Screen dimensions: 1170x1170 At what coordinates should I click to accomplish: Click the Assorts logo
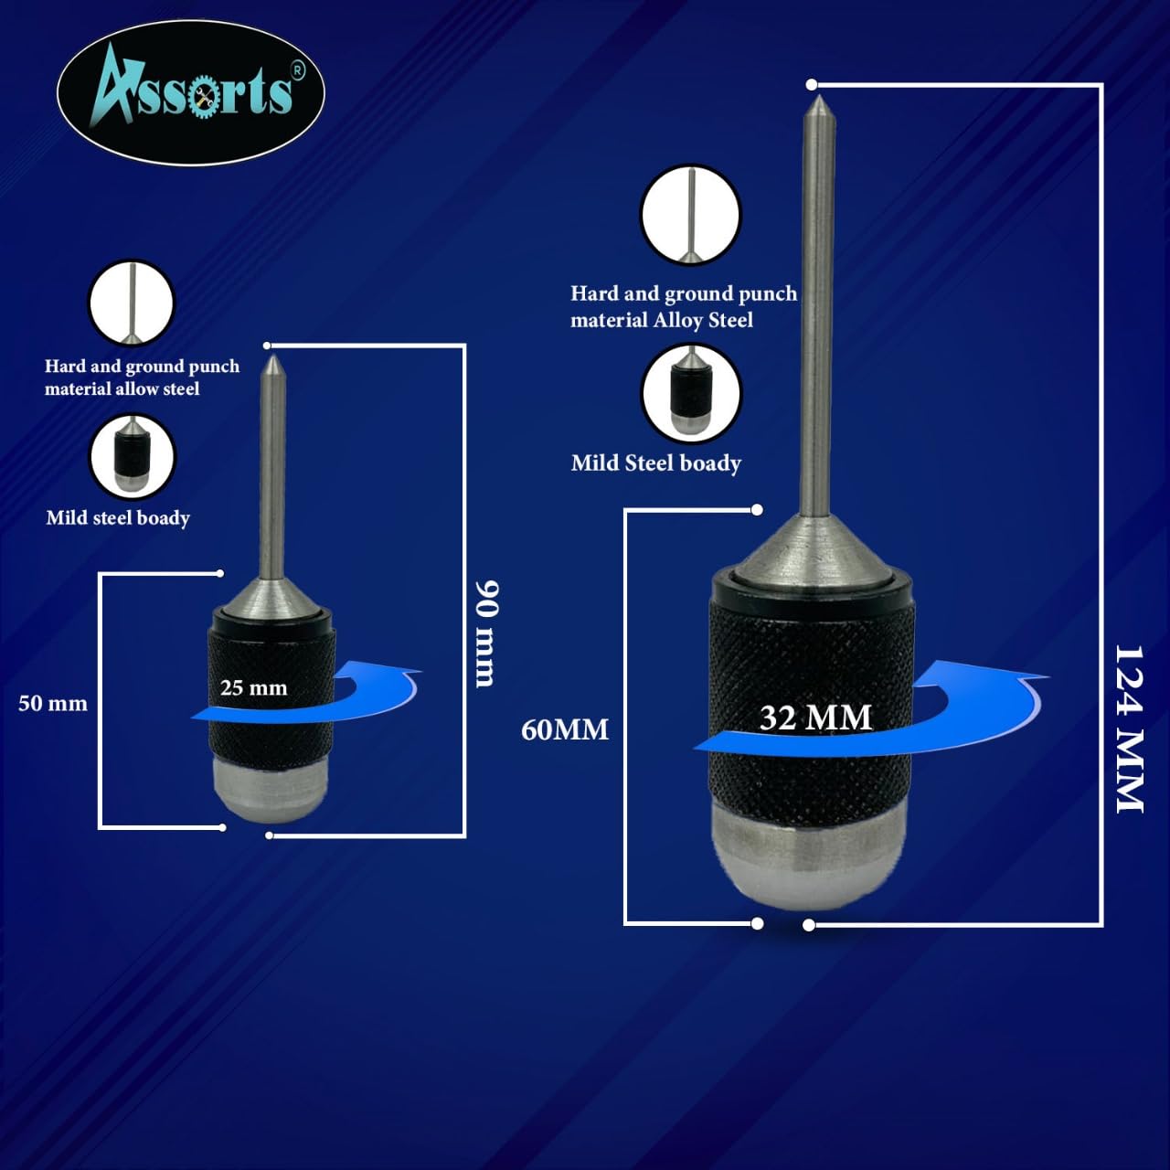pyautogui.click(x=191, y=93)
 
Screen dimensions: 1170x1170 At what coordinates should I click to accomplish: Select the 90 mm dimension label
pyautogui.click(x=485, y=633)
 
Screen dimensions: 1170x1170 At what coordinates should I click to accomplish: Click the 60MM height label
pyautogui.click(x=565, y=729)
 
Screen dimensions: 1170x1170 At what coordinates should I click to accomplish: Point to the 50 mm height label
pyautogui.click(x=53, y=703)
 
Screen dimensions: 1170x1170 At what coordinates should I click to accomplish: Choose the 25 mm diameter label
pyautogui.click(x=253, y=687)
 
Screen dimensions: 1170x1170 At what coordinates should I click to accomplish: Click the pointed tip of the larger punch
pyautogui.click(x=818, y=96)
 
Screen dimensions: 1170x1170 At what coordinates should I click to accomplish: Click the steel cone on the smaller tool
pyautogui.click(x=272, y=596)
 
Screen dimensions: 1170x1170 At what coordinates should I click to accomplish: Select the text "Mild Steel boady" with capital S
pyautogui.click(x=655, y=463)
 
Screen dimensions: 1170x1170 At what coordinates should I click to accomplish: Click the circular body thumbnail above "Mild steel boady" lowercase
pyautogui.click(x=133, y=457)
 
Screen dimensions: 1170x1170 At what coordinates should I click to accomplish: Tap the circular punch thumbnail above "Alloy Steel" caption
pyautogui.click(x=691, y=214)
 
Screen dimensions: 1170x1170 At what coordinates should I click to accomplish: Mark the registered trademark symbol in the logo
pyautogui.click(x=298, y=69)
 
